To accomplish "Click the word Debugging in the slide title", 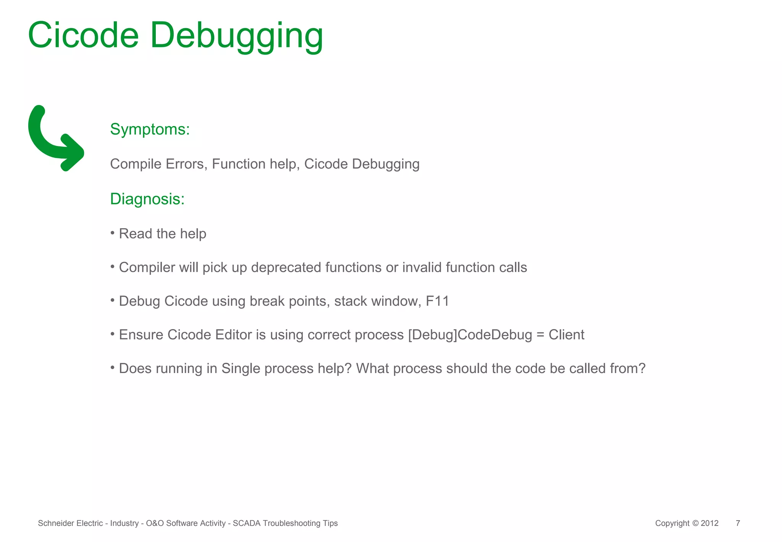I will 236,36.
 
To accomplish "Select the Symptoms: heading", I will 150,129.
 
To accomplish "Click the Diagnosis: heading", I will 147,199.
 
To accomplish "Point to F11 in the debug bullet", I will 437,301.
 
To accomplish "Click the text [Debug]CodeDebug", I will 470,335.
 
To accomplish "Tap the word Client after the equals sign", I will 566,335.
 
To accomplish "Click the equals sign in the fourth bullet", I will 540,335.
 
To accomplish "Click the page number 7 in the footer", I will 738,523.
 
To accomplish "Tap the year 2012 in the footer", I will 709,523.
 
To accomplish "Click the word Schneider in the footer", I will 51,523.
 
